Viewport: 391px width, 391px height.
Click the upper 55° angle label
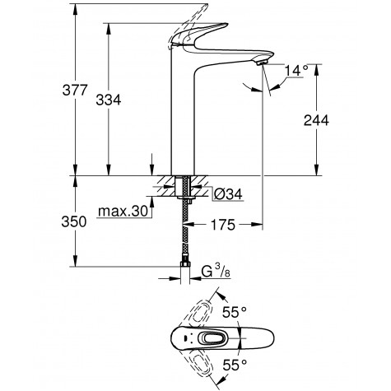click(257, 312)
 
